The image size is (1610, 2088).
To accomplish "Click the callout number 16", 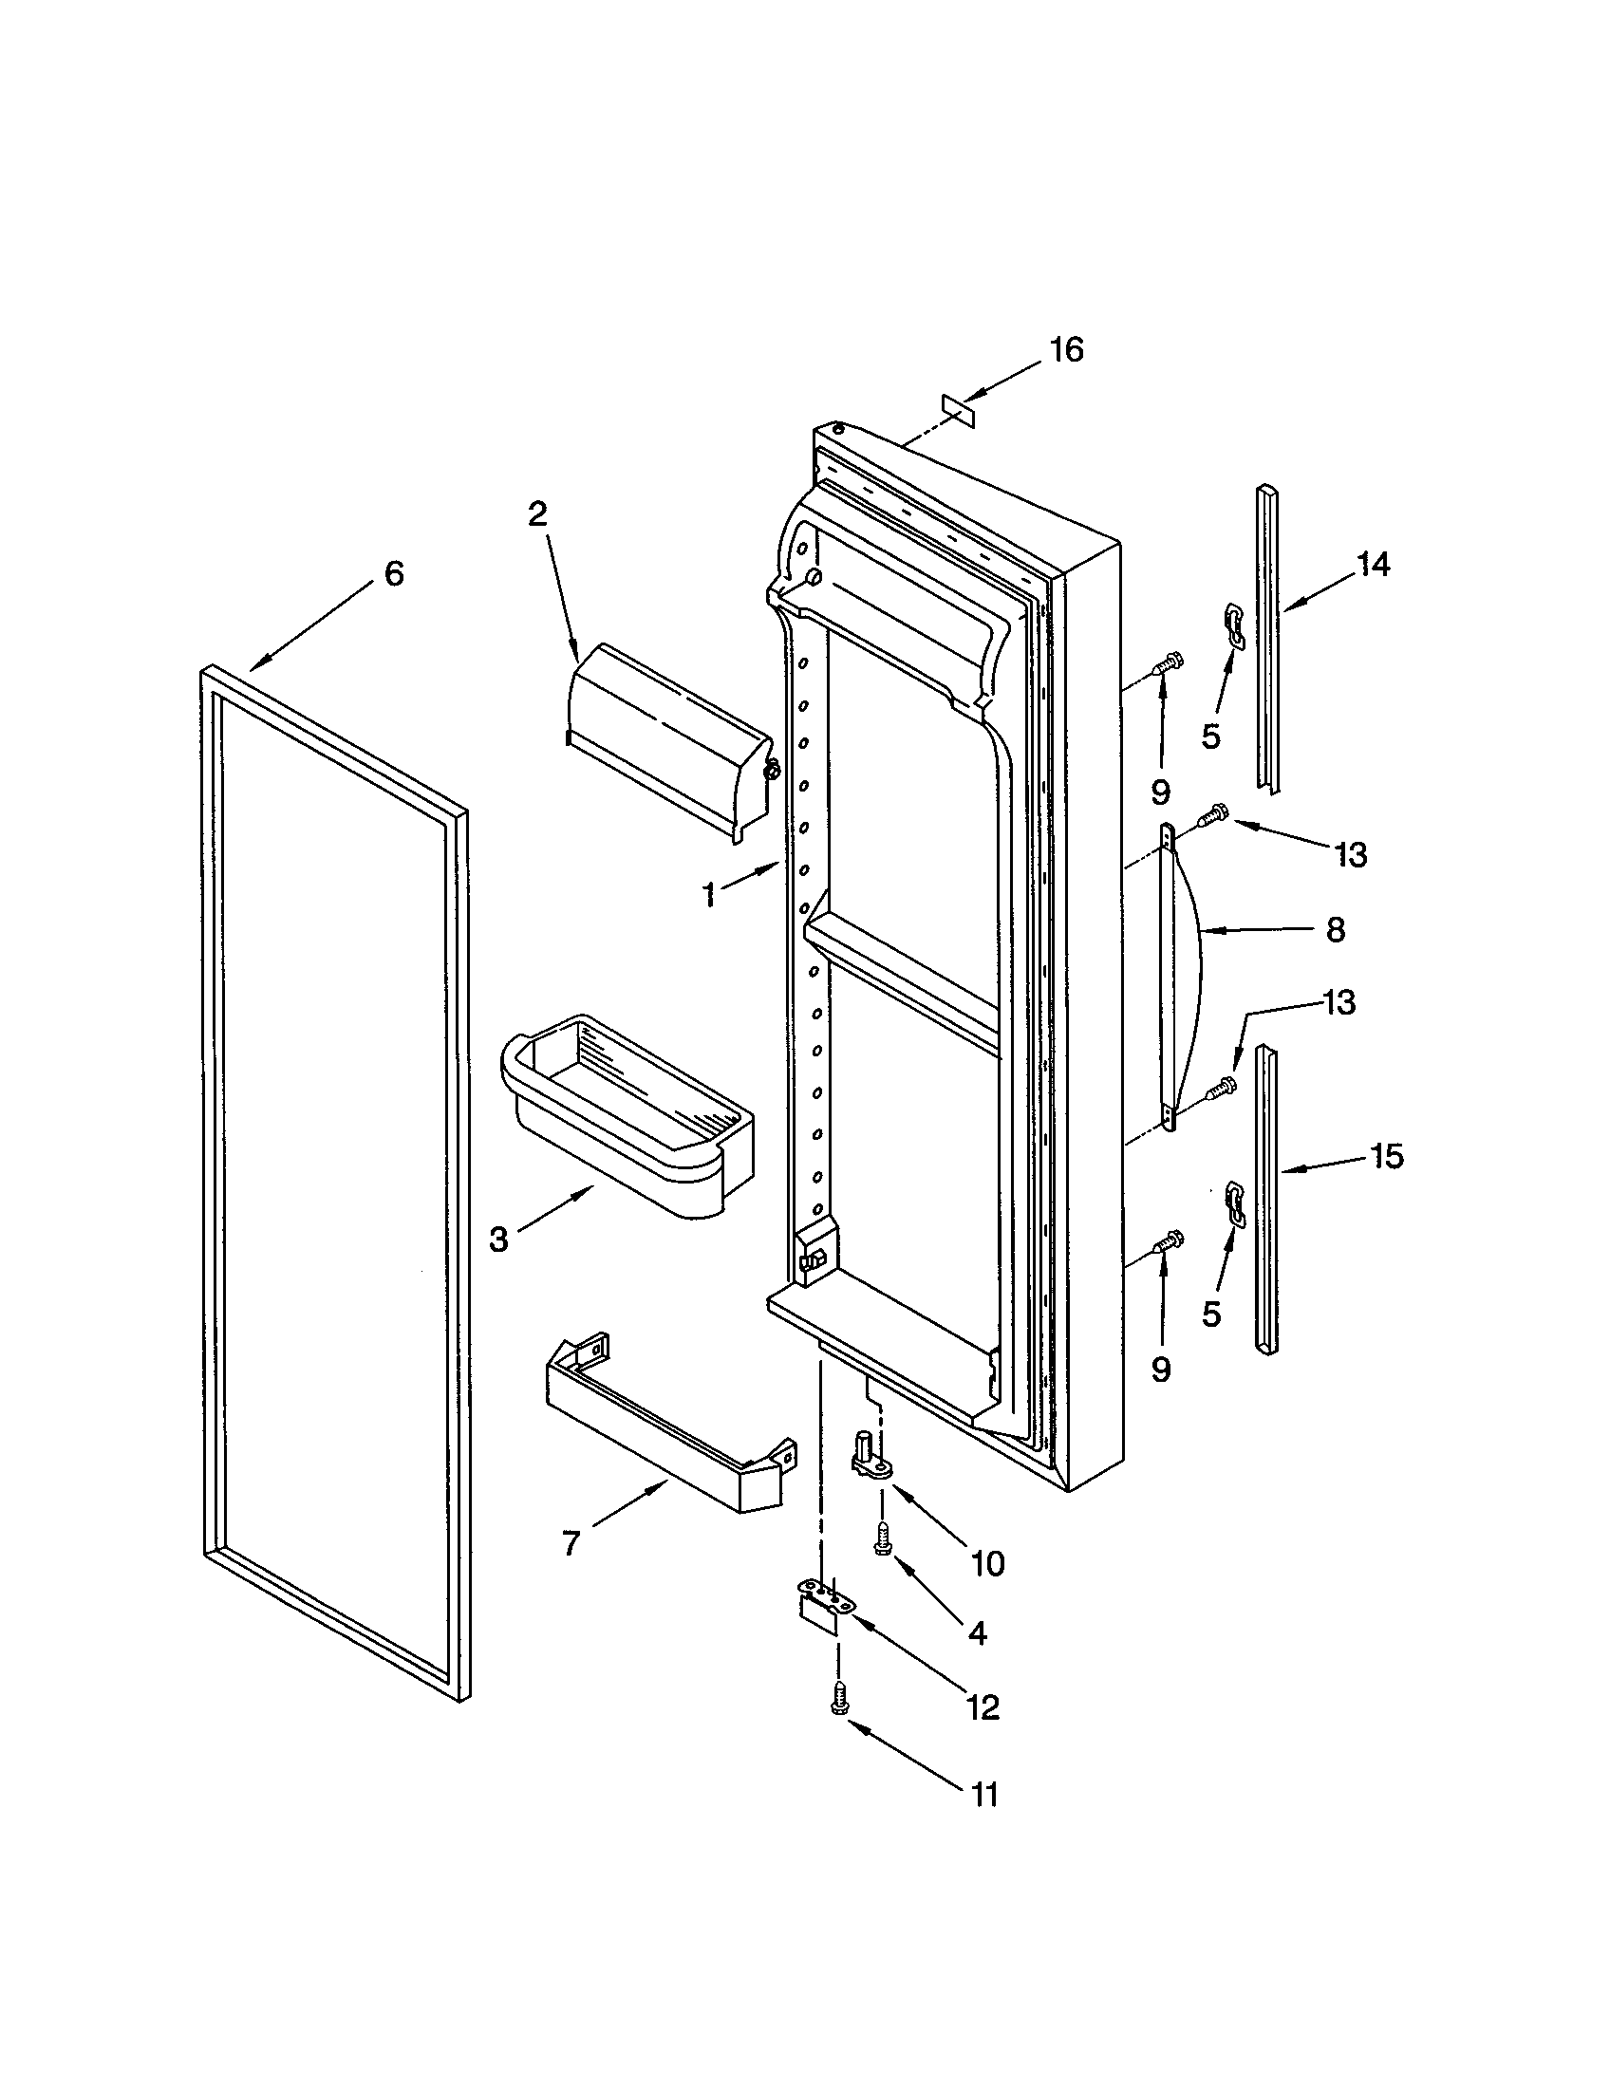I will tap(1067, 350).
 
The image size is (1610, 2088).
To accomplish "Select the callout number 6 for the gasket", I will tap(394, 573).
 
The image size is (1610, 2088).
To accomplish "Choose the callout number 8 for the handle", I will tap(1336, 929).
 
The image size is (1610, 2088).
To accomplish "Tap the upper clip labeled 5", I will tap(1234, 625).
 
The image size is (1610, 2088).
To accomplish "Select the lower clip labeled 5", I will tap(1234, 1202).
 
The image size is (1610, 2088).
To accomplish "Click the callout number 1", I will tap(708, 896).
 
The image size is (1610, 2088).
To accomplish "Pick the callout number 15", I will tap(1386, 1156).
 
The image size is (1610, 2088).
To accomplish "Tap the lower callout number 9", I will tap(1161, 1370).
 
